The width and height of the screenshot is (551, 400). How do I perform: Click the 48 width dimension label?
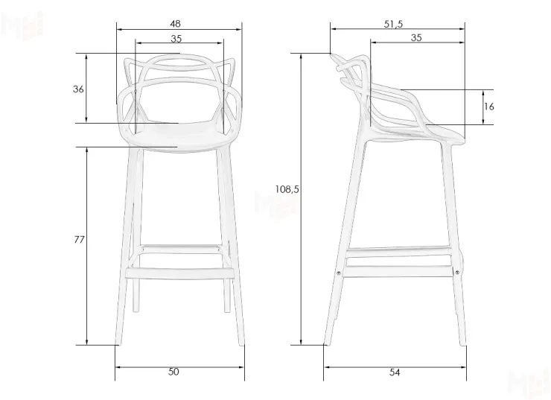(175, 24)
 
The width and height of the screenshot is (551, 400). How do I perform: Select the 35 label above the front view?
(176, 39)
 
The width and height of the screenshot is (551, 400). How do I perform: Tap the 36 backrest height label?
(78, 89)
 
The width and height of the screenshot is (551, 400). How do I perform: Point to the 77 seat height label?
(80, 240)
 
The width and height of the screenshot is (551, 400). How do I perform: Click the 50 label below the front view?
(174, 371)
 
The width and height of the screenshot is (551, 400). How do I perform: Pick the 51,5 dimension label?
(393, 24)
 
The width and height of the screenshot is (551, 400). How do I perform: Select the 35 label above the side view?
(416, 38)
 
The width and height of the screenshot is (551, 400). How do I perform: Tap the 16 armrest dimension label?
(488, 107)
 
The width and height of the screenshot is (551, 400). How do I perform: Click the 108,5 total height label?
(287, 189)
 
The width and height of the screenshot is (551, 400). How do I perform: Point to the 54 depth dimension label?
(395, 371)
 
